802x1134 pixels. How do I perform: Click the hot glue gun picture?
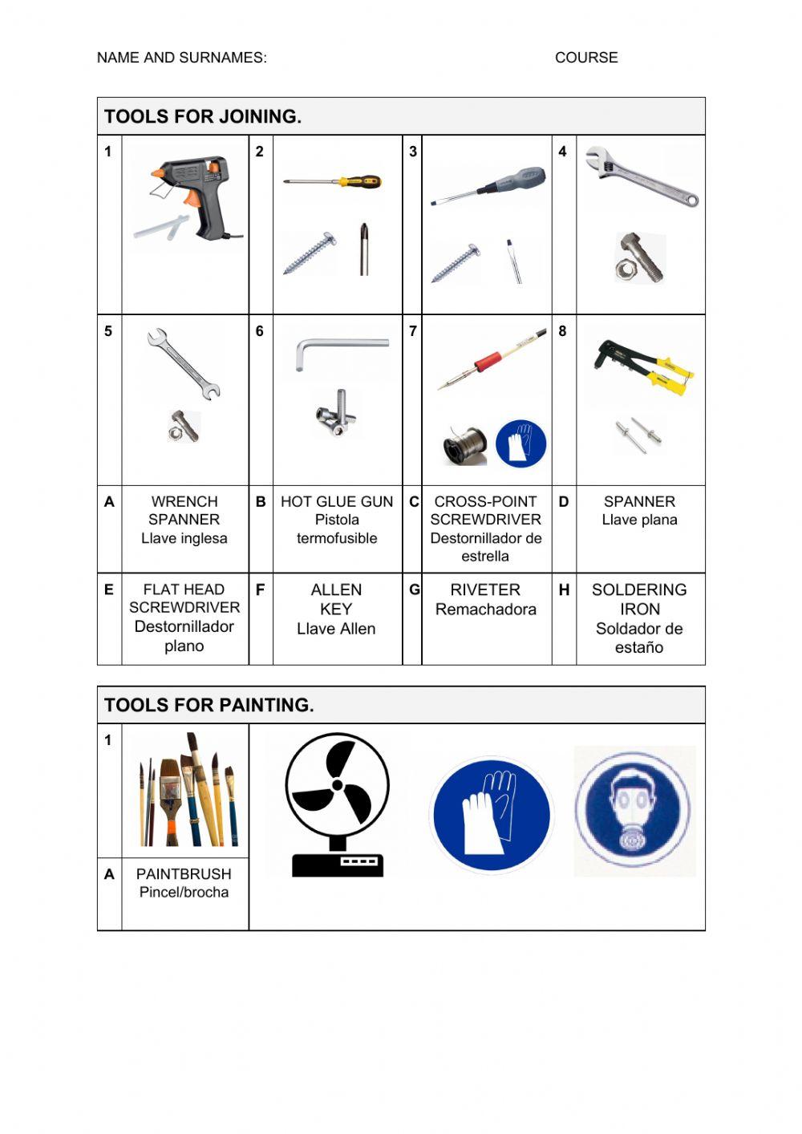point(192,196)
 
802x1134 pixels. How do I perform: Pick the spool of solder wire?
point(465,445)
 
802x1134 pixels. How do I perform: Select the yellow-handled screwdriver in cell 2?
point(333,182)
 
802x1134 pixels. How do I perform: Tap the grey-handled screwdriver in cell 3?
point(489,186)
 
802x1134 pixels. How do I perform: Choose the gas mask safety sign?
point(633,810)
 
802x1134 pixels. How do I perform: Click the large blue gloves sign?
point(491,814)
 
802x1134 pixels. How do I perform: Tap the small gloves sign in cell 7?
point(520,443)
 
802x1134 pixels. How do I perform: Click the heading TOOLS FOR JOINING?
point(203,117)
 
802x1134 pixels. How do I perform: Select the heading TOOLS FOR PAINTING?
point(209,706)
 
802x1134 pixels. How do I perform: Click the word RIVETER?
point(485,590)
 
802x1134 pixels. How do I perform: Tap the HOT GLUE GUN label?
point(337,502)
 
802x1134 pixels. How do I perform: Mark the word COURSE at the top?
point(586,58)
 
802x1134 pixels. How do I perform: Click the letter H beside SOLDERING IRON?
point(564,590)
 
